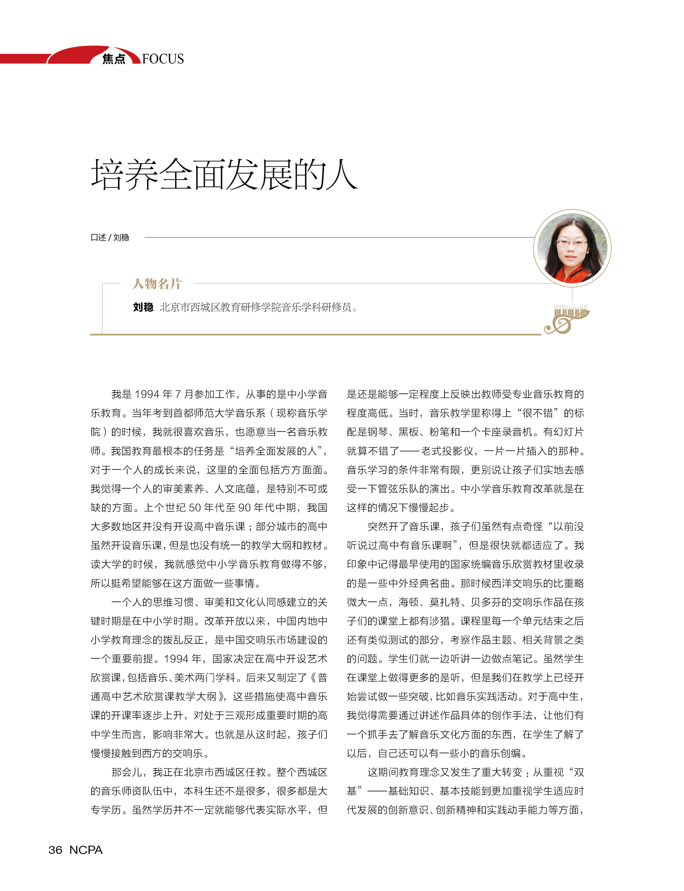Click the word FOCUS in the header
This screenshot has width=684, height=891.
point(163,59)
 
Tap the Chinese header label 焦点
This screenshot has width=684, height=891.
point(114,59)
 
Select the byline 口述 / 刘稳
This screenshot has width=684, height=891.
point(110,237)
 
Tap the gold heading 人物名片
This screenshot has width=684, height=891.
point(157,283)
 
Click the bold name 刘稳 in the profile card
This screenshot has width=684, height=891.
point(143,307)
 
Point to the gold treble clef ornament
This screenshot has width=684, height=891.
point(566,320)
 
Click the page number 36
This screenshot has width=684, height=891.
point(55,850)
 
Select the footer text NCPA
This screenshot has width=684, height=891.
point(86,850)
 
